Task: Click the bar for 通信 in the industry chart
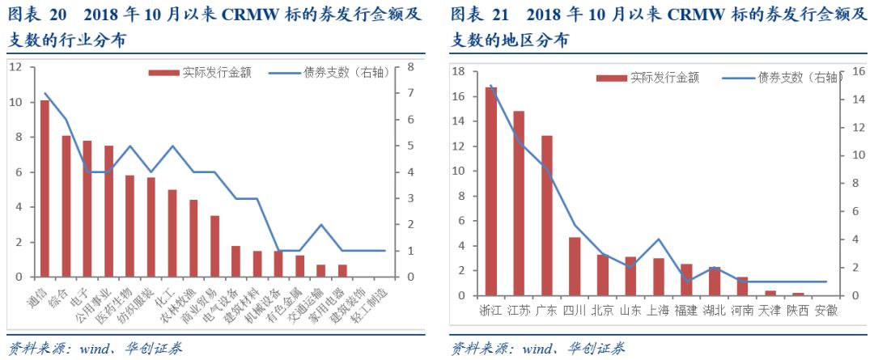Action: pyautogui.click(x=45, y=188)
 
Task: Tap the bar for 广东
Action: pyautogui.click(x=546, y=215)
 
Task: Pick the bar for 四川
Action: pyautogui.click(x=574, y=266)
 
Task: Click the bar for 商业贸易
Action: pyautogui.click(x=214, y=246)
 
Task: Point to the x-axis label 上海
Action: pyautogui.click(x=659, y=310)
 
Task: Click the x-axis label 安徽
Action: pyautogui.click(x=826, y=310)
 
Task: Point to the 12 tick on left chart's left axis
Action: pyautogui.click(x=15, y=67)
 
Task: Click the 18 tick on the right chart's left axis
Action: pyautogui.click(x=457, y=72)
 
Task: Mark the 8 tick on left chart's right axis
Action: pyautogui.click(x=410, y=67)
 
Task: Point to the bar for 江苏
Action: pyautogui.click(x=519, y=203)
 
